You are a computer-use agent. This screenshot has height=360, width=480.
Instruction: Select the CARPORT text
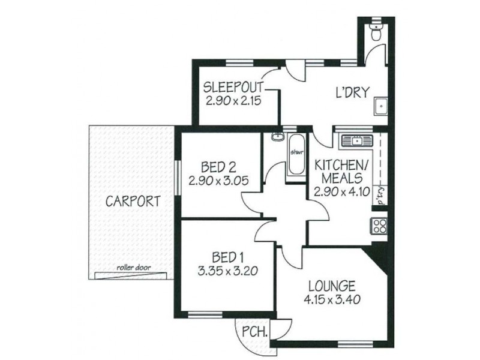pos(133,201)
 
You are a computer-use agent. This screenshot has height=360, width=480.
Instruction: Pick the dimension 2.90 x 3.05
pos(217,179)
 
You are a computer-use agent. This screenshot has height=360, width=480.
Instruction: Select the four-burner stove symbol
pos(379,226)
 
